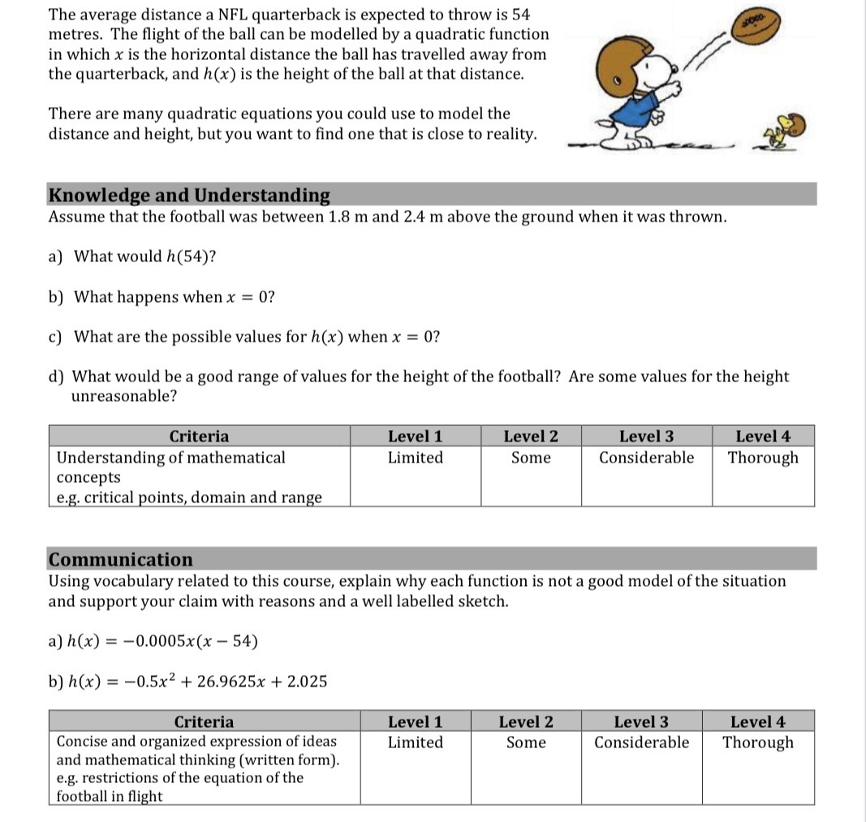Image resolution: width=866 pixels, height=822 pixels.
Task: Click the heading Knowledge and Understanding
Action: (x=189, y=196)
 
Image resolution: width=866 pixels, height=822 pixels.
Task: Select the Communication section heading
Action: (x=121, y=559)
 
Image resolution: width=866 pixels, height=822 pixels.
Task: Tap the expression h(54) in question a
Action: (x=188, y=256)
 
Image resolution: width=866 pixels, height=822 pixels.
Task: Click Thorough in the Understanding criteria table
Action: (x=763, y=458)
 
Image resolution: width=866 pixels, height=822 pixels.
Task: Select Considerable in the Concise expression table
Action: (x=641, y=742)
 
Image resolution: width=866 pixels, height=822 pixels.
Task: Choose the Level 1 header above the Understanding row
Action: (x=415, y=437)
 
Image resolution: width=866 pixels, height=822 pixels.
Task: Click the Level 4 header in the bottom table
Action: (x=758, y=721)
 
